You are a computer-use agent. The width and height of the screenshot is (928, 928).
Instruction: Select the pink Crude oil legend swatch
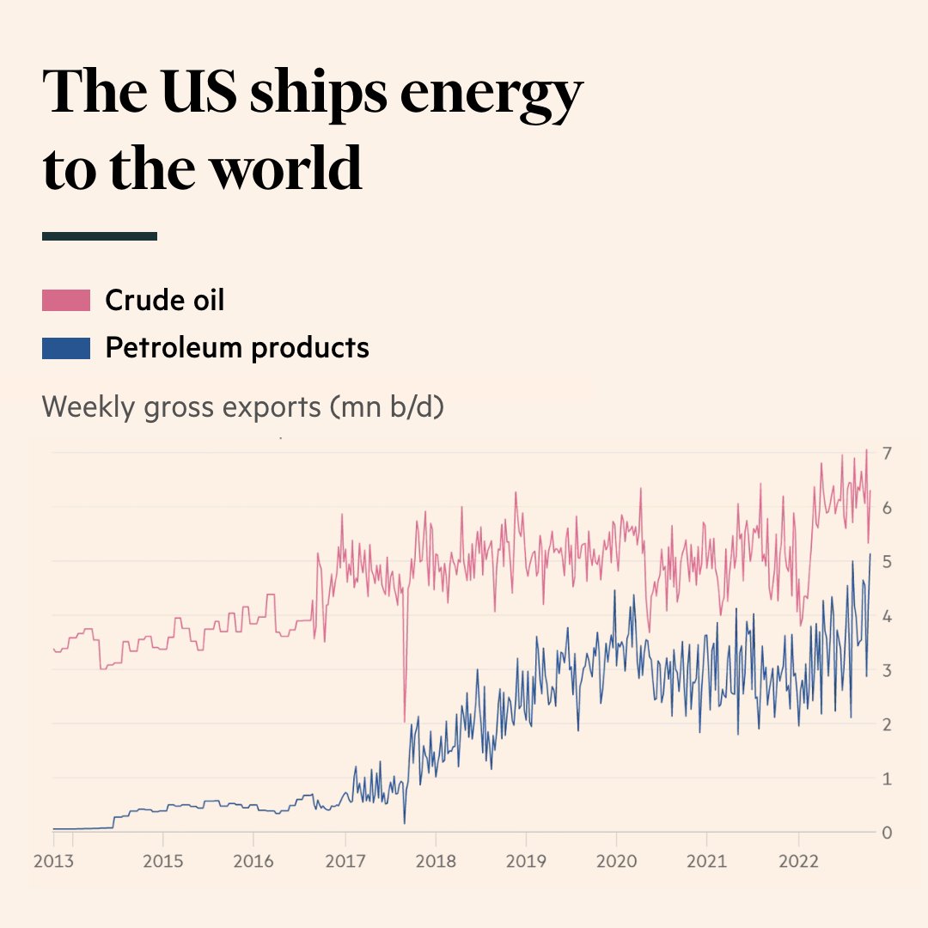click(66, 300)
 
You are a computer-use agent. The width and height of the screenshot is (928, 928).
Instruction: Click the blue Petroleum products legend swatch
click(66, 348)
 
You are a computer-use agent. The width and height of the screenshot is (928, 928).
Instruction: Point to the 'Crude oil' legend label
click(164, 300)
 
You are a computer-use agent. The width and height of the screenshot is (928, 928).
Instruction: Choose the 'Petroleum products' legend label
click(236, 348)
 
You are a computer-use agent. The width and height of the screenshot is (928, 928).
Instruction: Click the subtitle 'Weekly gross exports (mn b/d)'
click(242, 406)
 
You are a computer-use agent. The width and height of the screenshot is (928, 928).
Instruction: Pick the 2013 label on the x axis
click(54, 860)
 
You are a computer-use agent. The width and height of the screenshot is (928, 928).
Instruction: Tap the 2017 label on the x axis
click(345, 860)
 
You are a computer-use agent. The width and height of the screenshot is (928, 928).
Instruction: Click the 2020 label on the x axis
click(616, 860)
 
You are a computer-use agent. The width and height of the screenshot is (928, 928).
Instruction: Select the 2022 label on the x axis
click(797, 860)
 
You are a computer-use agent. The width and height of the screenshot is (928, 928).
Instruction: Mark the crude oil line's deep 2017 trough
click(404, 720)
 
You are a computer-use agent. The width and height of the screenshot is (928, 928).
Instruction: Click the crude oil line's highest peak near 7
click(866, 450)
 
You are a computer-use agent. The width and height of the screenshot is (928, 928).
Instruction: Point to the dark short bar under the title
click(100, 235)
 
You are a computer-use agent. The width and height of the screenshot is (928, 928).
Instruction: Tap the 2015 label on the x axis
click(163, 860)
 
